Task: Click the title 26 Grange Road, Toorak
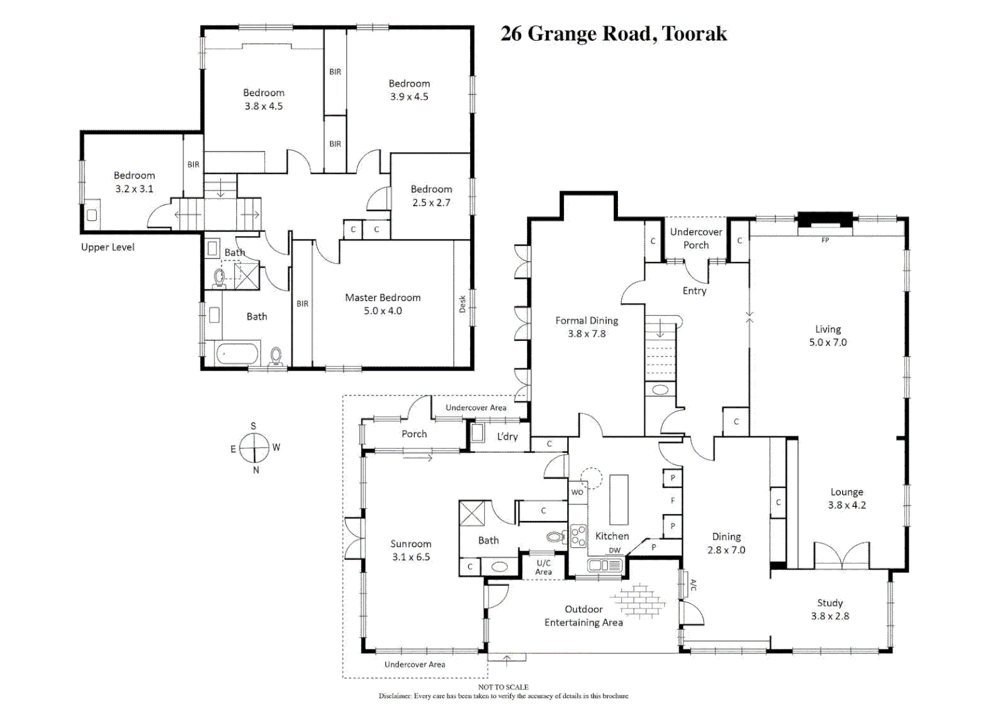[613, 34]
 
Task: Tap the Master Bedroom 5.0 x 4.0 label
[382, 304]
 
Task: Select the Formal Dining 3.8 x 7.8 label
[586, 327]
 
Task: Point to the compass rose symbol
[254, 448]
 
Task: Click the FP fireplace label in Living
[825, 241]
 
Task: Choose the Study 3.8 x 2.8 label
[830, 609]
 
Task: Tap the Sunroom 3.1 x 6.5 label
[410, 550]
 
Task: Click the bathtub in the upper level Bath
[237, 354]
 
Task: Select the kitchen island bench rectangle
[619, 499]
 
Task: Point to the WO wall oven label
[577, 492]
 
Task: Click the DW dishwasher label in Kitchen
[615, 550]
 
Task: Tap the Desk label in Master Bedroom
[462, 304]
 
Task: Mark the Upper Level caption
[107, 247]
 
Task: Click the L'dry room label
[507, 436]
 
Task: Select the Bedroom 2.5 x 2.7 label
[431, 196]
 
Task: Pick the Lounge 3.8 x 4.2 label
[847, 498]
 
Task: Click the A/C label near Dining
[692, 585]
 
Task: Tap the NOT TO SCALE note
[503, 687]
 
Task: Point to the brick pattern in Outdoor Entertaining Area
[638, 601]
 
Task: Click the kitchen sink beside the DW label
[605, 565]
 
